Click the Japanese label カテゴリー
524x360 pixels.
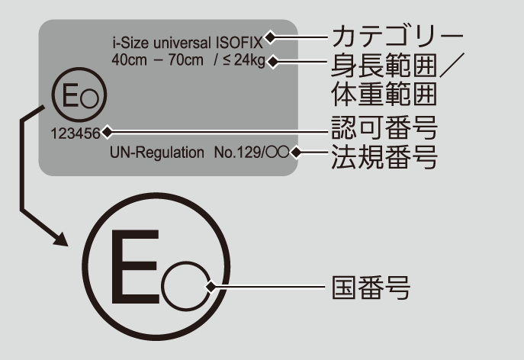(x=397, y=37)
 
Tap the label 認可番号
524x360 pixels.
(x=384, y=127)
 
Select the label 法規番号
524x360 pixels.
(x=384, y=156)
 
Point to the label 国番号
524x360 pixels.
(x=371, y=288)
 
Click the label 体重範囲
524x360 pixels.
(x=384, y=94)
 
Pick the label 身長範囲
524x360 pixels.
(x=384, y=65)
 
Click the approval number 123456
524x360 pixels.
(x=76, y=133)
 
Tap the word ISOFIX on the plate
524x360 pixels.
(x=239, y=43)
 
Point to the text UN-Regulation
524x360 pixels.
(x=156, y=153)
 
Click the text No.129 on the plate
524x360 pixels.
(x=237, y=153)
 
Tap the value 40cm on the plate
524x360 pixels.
(x=129, y=60)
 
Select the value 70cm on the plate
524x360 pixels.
(x=185, y=60)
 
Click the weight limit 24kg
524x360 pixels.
(x=249, y=60)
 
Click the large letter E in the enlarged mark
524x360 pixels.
(x=135, y=267)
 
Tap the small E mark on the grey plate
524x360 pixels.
(x=79, y=95)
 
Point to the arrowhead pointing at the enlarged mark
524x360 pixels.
(x=62, y=239)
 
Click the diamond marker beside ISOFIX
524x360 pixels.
(x=270, y=37)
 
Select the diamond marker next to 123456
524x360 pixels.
(x=107, y=132)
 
